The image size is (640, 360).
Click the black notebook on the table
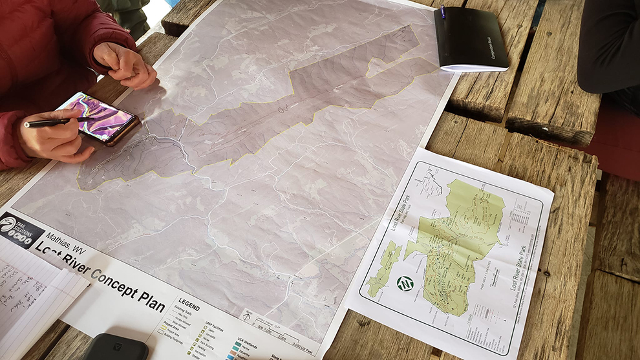pos(470,39)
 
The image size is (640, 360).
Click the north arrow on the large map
pos(246,317)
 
